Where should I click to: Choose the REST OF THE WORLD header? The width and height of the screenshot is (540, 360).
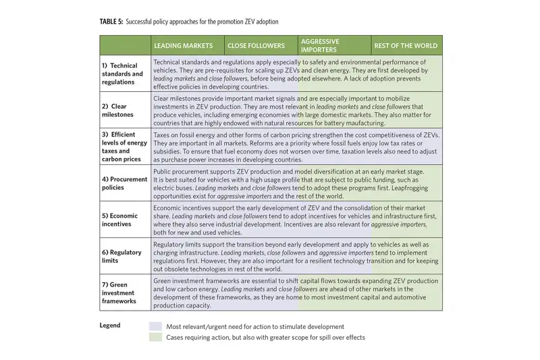[x=405, y=46]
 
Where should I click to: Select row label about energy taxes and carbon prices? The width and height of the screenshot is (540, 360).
[x=123, y=147]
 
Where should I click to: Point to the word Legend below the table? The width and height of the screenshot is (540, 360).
[x=110, y=326]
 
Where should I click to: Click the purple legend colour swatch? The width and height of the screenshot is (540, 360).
[x=155, y=326]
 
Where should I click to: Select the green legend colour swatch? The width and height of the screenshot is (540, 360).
[x=155, y=337]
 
